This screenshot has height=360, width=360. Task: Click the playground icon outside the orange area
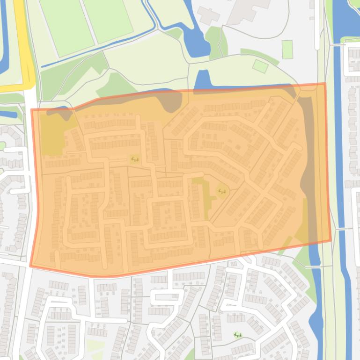pos(238,335)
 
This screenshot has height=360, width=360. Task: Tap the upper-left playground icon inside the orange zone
pos(135,159)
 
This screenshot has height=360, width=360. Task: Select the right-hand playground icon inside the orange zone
pos(221,191)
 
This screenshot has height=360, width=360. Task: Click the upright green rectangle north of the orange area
pos(287,50)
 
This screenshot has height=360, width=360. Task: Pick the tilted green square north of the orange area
pos(260,66)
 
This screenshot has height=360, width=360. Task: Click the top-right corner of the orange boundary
pos(325,84)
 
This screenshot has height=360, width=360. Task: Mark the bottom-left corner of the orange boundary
pos(31,266)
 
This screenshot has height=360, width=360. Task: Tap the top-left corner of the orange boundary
pos(32,110)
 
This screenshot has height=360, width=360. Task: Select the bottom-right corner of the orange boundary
pos(331,241)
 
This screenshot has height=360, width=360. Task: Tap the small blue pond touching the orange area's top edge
pos(202,79)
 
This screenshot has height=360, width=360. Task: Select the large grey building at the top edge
pos(248,9)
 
